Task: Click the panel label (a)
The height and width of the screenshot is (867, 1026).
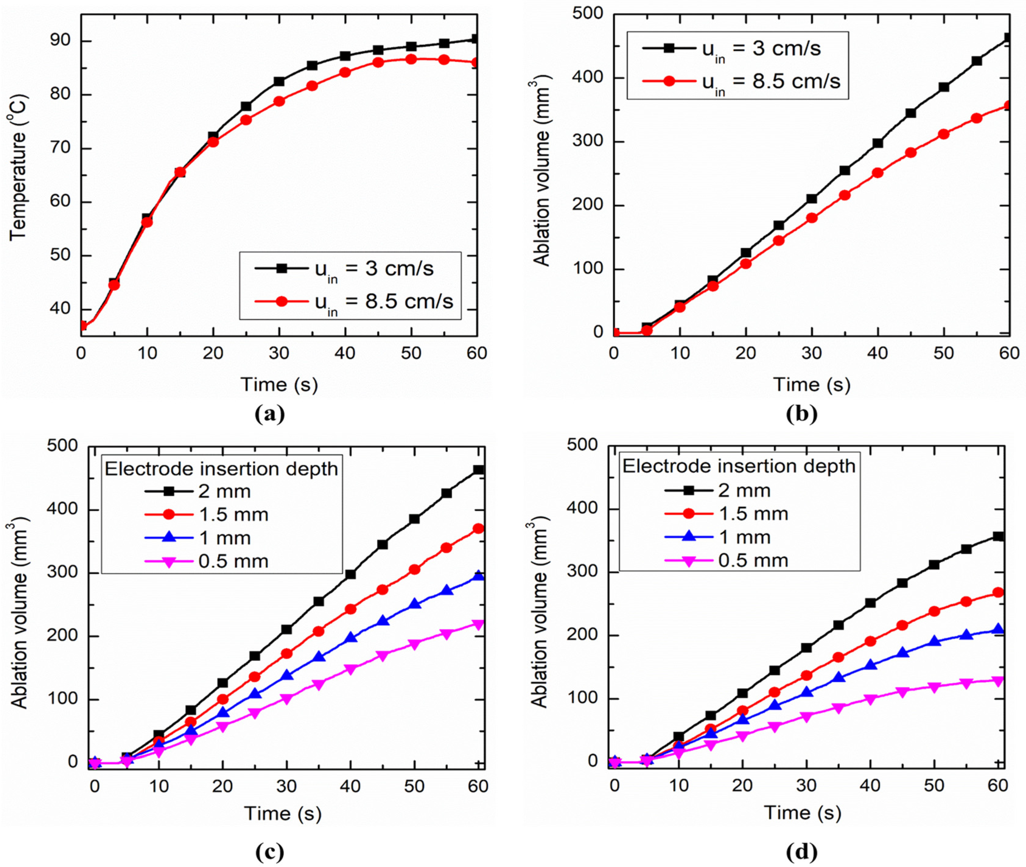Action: click(270, 414)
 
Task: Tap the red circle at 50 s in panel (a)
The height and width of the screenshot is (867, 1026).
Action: click(411, 59)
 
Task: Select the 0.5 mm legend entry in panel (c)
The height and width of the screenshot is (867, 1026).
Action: click(206, 561)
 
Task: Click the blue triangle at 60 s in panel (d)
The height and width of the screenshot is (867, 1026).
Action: click(997, 630)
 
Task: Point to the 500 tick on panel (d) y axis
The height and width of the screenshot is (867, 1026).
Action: click(582, 445)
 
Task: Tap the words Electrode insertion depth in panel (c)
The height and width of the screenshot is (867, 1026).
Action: click(221, 469)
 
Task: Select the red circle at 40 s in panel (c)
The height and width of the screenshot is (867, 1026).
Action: click(351, 609)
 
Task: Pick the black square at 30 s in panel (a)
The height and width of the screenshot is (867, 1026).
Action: click(279, 81)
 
